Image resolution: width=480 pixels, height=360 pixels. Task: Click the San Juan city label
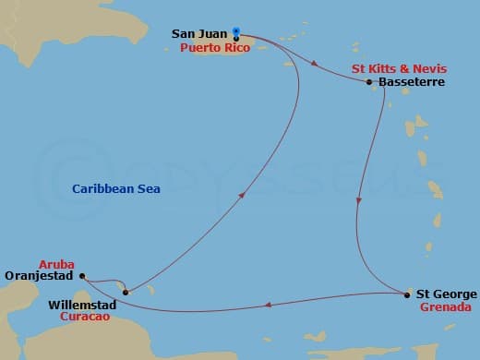(199, 34)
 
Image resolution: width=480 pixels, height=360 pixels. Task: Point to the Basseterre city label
(413, 82)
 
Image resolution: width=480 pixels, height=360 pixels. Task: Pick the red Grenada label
(448, 307)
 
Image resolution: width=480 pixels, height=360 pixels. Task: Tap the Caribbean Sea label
(116, 189)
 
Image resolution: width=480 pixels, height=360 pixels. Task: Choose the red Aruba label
(56, 262)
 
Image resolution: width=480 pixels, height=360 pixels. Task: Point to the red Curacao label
(85, 316)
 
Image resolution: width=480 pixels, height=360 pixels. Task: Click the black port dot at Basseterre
(369, 82)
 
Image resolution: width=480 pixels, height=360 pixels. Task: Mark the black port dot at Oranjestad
(81, 275)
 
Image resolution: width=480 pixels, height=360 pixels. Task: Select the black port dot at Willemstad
(126, 293)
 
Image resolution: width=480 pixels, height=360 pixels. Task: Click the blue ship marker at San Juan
(236, 33)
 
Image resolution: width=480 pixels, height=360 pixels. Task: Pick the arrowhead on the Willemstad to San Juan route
(242, 196)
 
